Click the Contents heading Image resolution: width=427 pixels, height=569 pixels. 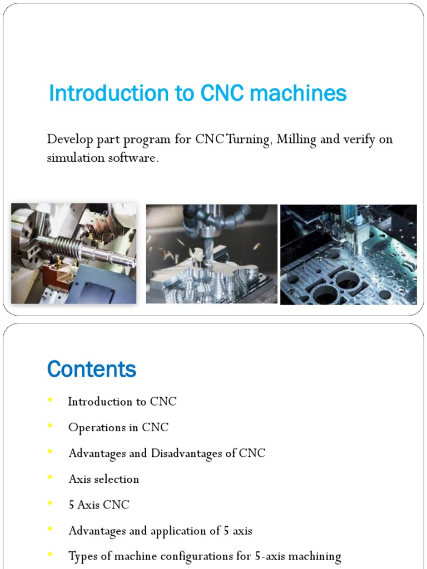pyautogui.click(x=92, y=369)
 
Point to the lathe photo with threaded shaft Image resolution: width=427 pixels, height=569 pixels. pyautogui.click(x=73, y=253)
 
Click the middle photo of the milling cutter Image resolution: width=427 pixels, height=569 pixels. pyautogui.click(x=211, y=253)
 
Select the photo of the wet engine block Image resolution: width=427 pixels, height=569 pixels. pyautogui.click(x=348, y=254)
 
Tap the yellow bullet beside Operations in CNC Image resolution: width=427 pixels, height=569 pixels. pyautogui.click(x=51, y=426)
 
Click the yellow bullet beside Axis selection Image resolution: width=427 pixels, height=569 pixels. pyautogui.click(x=51, y=477)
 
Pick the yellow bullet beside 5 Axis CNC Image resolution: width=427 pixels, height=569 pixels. pyautogui.click(x=51, y=503)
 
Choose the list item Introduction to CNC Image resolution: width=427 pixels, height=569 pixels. pyautogui.click(x=122, y=402)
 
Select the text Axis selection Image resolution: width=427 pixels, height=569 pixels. pyautogui.click(x=103, y=479)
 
